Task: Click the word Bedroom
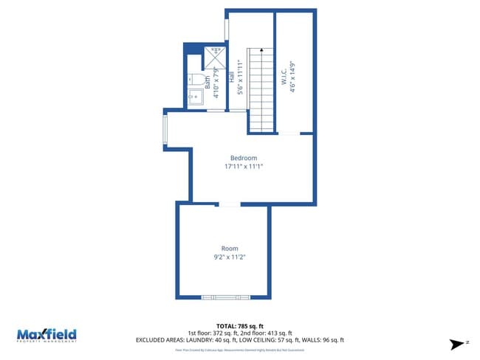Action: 243,158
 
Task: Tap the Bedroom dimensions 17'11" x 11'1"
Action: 244,167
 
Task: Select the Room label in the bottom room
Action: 230,248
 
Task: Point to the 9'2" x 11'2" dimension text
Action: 229,257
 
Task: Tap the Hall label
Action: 231,76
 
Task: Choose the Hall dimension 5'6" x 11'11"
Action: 240,76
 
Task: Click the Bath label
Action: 208,83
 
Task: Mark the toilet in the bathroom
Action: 194,77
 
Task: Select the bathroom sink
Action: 195,98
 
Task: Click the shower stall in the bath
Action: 216,56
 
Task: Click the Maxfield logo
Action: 47,335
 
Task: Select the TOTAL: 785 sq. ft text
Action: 239,325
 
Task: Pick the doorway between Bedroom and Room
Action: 229,204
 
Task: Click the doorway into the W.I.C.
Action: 289,134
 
